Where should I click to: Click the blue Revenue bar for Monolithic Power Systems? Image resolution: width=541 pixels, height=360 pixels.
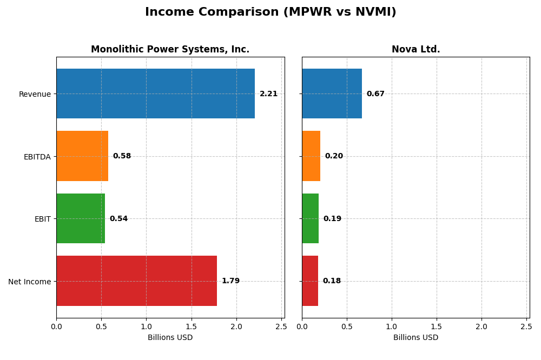(155, 94)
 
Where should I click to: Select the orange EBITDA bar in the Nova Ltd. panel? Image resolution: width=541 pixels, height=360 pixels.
(311, 156)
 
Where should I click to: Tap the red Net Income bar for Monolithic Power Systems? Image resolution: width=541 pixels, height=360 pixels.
(136, 281)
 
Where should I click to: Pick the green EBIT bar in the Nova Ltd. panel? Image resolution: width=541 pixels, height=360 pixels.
(311, 219)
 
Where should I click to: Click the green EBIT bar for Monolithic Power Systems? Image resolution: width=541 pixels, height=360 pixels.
(81, 219)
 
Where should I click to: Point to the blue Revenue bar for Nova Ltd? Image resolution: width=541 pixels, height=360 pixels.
(332, 94)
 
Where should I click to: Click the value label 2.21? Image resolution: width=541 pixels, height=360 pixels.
(268, 94)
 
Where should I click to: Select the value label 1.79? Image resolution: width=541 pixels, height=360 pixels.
(230, 281)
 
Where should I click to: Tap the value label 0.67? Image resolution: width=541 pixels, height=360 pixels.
(375, 94)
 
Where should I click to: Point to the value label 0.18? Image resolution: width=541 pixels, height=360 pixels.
(332, 281)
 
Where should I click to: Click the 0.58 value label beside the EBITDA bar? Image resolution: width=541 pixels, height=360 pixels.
(122, 156)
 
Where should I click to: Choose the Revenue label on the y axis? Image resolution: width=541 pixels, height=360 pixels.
(35, 94)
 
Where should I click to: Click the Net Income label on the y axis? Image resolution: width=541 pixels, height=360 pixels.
(29, 282)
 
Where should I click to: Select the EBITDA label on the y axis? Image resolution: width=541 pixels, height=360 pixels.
(37, 157)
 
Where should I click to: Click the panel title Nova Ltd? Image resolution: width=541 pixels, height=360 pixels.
(415, 50)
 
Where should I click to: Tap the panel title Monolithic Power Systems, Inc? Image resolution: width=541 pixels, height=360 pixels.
(170, 50)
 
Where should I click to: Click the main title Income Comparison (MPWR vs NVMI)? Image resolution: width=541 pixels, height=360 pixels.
(270, 12)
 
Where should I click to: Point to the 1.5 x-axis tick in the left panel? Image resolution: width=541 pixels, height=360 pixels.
(191, 326)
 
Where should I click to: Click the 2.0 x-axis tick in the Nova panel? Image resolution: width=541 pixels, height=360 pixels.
(481, 326)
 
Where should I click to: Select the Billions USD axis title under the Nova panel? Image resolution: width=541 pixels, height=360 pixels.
(415, 338)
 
